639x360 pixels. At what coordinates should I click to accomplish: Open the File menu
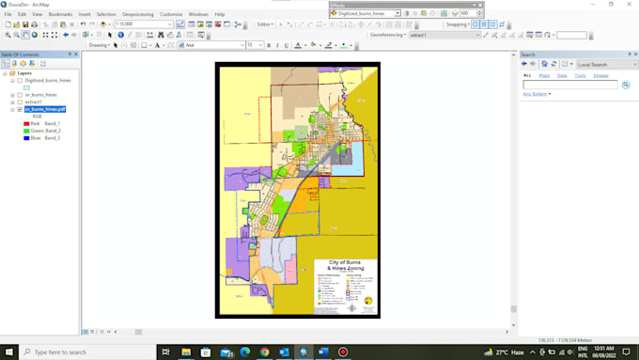(x=8, y=14)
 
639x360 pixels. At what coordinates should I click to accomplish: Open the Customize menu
(x=171, y=14)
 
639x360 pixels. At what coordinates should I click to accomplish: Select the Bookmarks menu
(x=60, y=14)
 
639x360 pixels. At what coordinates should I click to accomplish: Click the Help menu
(x=220, y=14)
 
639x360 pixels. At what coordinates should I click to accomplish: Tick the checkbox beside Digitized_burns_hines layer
(x=20, y=81)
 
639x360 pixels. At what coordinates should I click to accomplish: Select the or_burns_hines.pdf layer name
(x=45, y=109)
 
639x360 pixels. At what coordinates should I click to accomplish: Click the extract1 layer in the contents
(x=34, y=102)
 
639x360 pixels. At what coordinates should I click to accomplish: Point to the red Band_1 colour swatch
(x=26, y=123)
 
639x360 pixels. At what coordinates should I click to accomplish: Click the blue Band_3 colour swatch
(x=26, y=138)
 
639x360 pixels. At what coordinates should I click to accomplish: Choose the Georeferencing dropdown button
(x=387, y=35)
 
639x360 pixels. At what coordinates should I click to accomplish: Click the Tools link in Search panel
(x=580, y=75)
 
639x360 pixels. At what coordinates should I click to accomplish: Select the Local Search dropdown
(x=606, y=64)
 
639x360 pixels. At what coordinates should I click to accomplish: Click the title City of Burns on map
(x=345, y=262)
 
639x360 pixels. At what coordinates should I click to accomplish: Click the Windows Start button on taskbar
(x=8, y=352)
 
